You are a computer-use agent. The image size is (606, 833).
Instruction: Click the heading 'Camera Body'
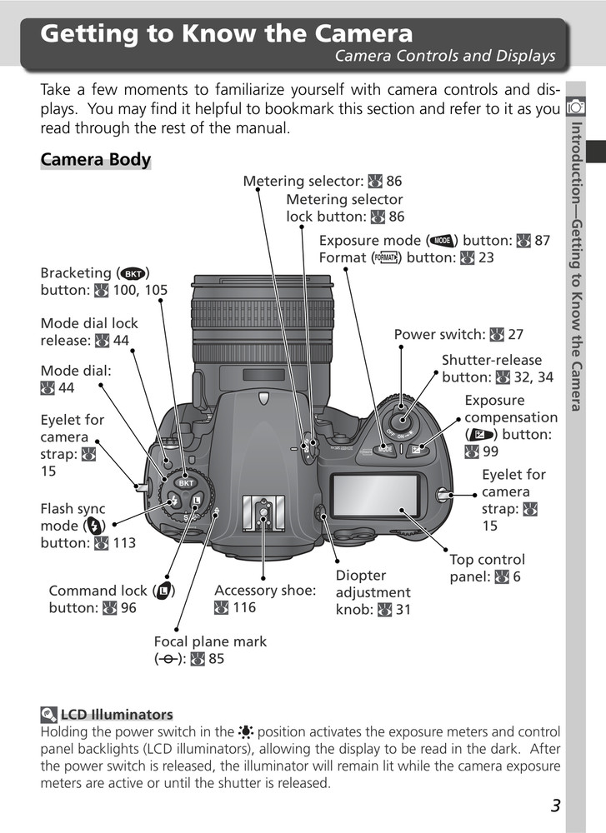[96, 160]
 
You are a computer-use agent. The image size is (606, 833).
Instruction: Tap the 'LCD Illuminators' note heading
[117, 714]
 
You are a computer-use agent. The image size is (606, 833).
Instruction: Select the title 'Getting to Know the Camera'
[227, 34]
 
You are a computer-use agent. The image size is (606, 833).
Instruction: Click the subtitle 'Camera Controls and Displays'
[444, 57]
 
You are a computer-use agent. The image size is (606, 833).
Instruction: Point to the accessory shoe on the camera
[263, 514]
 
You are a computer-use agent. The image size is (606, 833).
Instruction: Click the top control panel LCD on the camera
[375, 497]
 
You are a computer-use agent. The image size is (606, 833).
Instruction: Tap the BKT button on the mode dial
[186, 483]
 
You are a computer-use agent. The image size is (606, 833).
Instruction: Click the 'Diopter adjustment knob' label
[373, 592]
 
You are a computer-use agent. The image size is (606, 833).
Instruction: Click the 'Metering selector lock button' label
[344, 208]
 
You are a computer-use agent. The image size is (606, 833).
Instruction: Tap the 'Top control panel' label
[487, 568]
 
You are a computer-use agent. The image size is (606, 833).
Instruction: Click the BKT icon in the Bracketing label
[132, 273]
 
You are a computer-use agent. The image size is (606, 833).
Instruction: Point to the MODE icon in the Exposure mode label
[442, 241]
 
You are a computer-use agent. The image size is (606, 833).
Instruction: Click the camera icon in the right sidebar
[574, 107]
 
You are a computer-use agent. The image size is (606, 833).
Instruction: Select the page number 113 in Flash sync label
[123, 543]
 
